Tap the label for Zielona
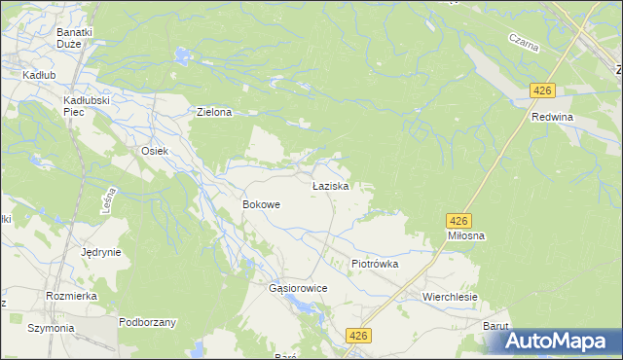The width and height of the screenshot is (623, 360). (x=214, y=113)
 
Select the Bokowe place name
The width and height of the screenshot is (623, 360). (x=261, y=205)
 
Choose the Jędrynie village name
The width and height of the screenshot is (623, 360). (x=101, y=252)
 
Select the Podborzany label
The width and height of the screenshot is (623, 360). (x=147, y=322)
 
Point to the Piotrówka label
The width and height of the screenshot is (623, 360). (x=375, y=264)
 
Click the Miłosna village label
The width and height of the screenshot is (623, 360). (x=466, y=235)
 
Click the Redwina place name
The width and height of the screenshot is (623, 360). (x=552, y=117)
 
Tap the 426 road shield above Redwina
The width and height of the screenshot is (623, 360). (x=542, y=90)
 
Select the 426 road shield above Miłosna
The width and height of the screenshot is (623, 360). (x=459, y=221)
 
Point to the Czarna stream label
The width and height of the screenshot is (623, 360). (x=524, y=43)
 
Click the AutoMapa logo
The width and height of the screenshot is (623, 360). (x=561, y=342)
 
